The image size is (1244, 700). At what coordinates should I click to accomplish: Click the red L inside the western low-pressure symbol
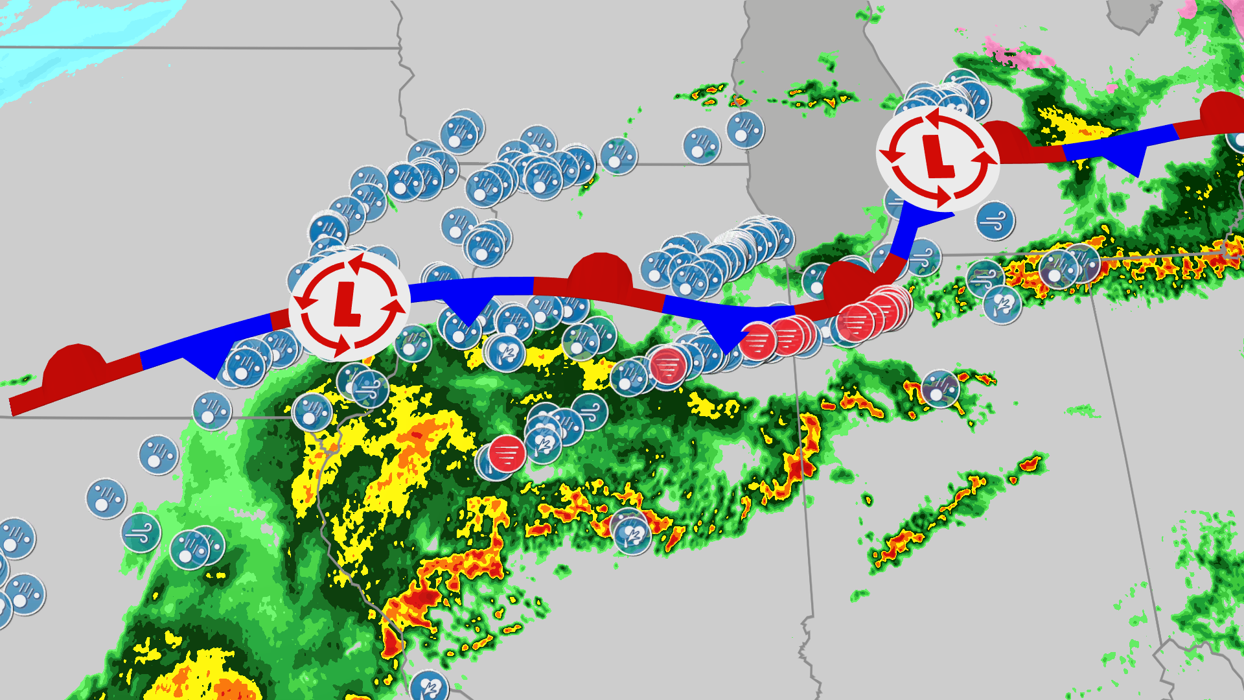tap(348, 305)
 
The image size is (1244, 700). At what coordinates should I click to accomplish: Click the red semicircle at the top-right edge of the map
tap(1222, 109)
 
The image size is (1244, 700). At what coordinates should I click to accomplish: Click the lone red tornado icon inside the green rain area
tap(507, 453)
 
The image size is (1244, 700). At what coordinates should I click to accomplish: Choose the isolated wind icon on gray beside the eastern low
tap(995, 220)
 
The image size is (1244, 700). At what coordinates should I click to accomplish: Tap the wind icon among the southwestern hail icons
tap(141, 532)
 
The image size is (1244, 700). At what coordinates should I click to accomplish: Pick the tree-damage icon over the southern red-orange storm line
tap(632, 535)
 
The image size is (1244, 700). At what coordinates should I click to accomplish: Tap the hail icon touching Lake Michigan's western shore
tap(744, 130)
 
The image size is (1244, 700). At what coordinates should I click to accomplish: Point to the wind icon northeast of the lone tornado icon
tap(589, 411)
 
